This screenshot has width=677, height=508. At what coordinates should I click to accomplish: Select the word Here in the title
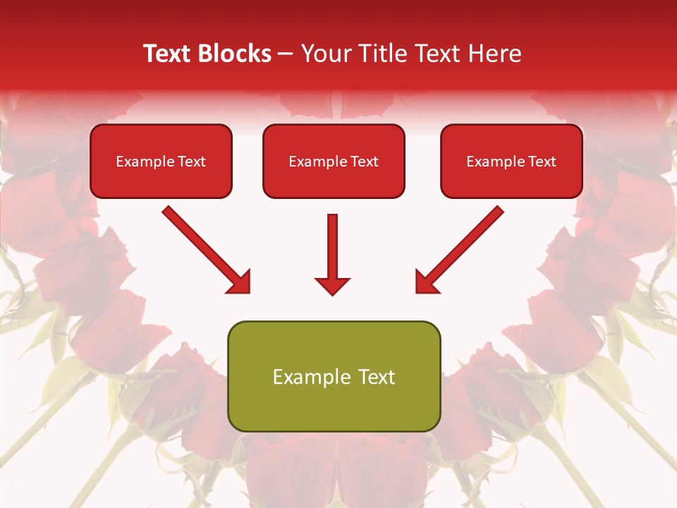pyautogui.click(x=493, y=54)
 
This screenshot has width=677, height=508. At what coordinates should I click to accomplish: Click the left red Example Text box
pyautogui.click(x=161, y=161)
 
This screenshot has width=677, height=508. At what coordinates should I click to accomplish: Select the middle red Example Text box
pyautogui.click(x=334, y=161)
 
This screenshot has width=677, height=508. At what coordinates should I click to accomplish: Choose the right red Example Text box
pyautogui.click(x=511, y=161)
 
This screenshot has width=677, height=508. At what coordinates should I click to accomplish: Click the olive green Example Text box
pyautogui.click(x=334, y=376)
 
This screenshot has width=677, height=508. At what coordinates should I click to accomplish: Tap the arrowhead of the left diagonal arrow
pyautogui.click(x=240, y=283)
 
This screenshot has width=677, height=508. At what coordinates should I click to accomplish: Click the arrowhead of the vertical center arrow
pyautogui.click(x=332, y=286)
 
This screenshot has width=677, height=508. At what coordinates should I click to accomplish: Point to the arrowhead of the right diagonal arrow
pyautogui.click(x=425, y=283)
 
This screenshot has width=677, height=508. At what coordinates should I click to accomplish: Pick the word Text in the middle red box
pyautogui.click(x=365, y=162)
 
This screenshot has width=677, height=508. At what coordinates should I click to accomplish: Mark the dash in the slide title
pyautogui.click(x=286, y=54)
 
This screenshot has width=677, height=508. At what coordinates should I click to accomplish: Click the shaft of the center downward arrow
pyautogui.click(x=332, y=243)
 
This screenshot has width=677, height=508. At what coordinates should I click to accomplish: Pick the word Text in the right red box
pyautogui.click(x=542, y=162)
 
